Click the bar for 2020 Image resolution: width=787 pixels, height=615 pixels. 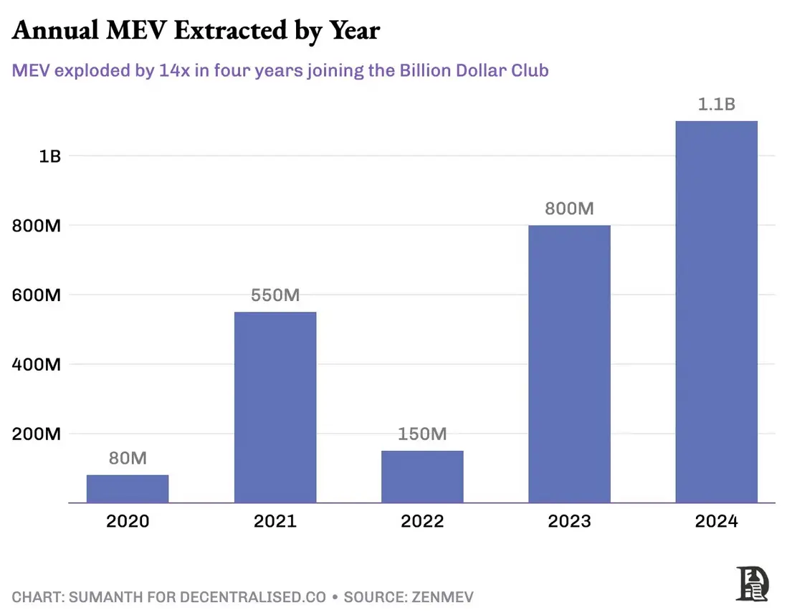(x=128, y=489)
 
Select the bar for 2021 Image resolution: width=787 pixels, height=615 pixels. (x=275, y=407)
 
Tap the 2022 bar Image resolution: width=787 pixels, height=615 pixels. (x=422, y=477)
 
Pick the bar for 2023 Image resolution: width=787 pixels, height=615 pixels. (x=569, y=364)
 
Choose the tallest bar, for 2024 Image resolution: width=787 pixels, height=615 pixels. (x=717, y=312)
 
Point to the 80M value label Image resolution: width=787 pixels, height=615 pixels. (x=128, y=458)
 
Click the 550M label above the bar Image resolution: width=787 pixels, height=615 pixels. (x=275, y=295)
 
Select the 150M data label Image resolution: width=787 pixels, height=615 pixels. (x=422, y=434)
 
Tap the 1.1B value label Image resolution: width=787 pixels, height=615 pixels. (x=717, y=104)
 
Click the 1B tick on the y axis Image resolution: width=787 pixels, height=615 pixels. (x=49, y=156)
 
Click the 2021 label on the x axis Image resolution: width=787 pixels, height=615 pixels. (x=275, y=521)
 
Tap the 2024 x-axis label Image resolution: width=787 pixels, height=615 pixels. (x=717, y=521)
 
